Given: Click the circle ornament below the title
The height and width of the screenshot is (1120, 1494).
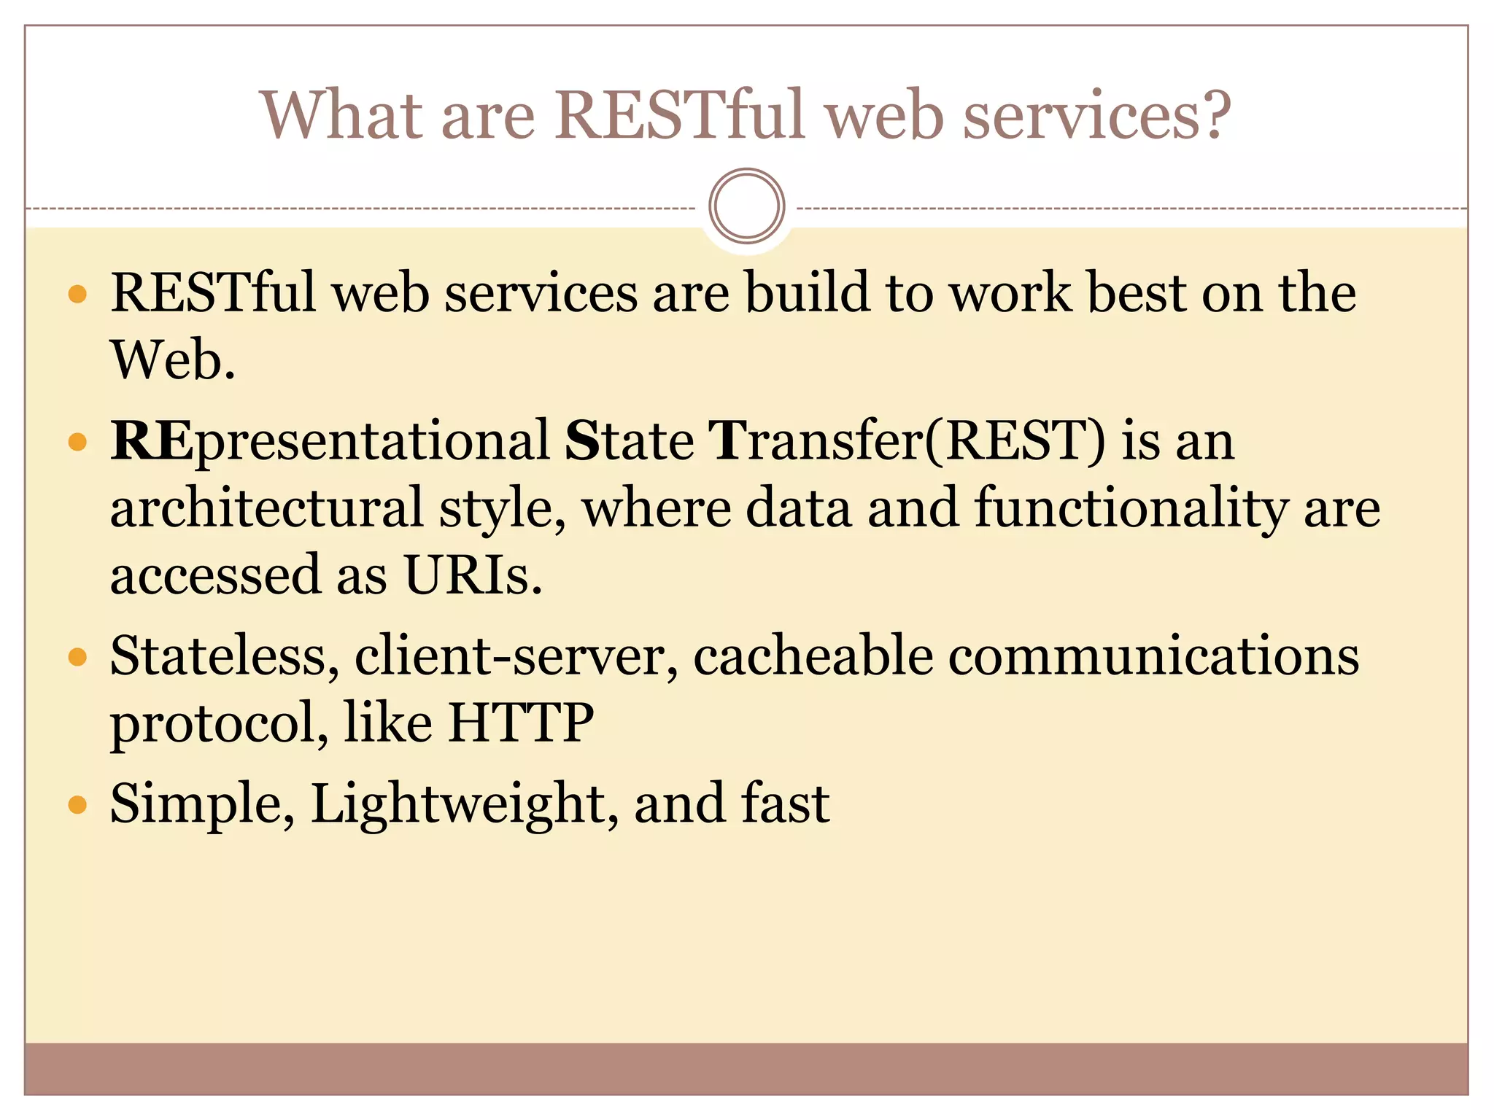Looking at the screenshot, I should coord(746,206).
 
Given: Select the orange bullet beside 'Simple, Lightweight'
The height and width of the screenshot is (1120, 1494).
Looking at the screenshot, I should coord(77,805).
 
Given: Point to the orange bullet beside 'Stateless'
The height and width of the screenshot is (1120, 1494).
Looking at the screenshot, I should coord(77,658).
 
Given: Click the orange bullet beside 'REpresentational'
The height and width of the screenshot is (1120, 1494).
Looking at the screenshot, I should coord(77,442).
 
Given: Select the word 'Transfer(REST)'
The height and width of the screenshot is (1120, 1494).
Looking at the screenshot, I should coord(907,441).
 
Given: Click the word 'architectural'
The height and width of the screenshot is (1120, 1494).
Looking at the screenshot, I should coord(266,508).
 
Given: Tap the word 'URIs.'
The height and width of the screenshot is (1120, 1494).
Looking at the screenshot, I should coord(473,576).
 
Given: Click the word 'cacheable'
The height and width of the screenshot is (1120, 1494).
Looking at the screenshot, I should coord(813,656).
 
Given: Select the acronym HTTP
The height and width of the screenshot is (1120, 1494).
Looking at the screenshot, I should coord(521,723).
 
